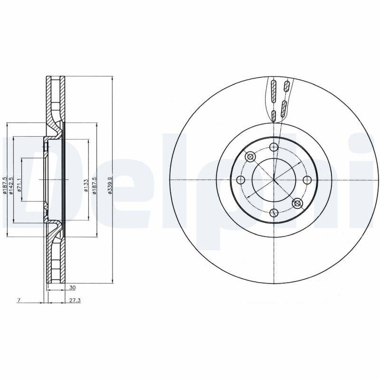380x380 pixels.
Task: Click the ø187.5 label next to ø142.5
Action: click(5, 185)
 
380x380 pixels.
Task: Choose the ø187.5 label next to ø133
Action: click(95, 185)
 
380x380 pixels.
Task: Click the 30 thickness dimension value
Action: click(72, 287)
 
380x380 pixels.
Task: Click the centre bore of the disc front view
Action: click(273, 180)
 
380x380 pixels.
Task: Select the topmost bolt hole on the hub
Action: click(273, 147)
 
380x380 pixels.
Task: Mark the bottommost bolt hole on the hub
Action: click(273, 213)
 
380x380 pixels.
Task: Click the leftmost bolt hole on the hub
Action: click(240, 180)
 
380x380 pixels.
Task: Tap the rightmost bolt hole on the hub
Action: click(306, 180)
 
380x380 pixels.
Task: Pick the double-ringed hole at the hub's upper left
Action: click(249, 156)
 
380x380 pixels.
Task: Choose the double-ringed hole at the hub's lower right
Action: click(297, 203)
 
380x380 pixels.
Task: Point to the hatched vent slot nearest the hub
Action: click(274, 116)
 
